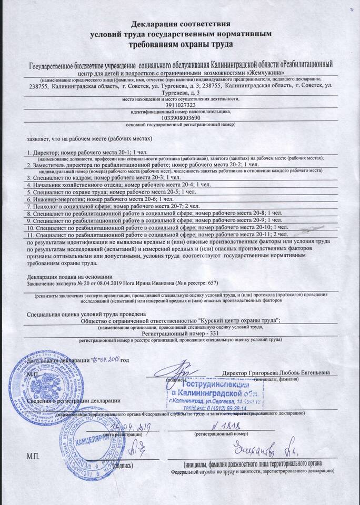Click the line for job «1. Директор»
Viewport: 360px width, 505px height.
point(82,151)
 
